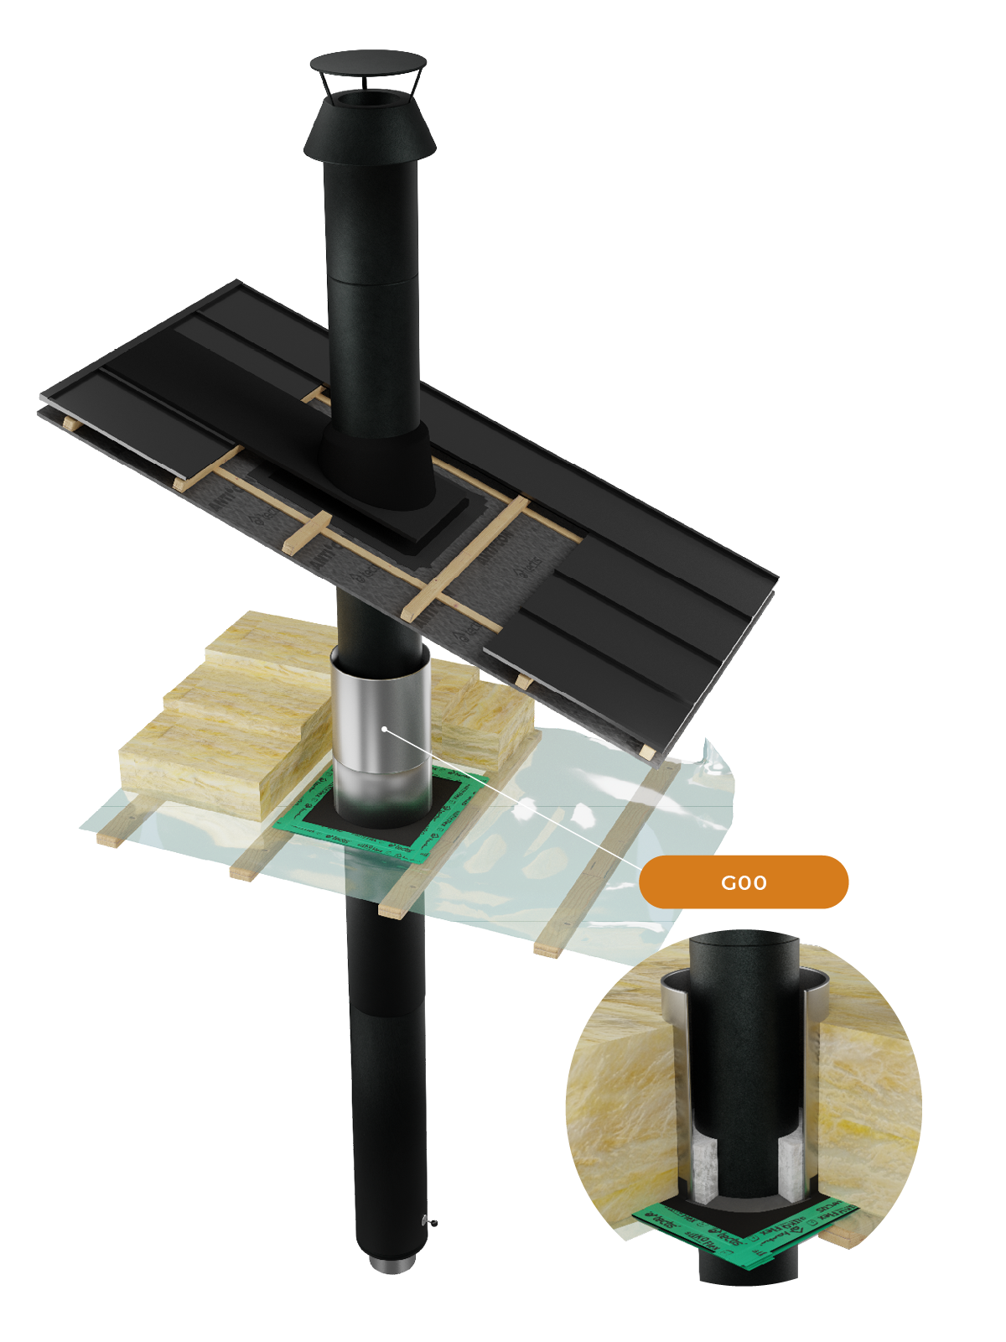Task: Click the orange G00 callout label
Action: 744,882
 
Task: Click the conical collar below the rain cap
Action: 369,134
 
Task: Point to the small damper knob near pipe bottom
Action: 432,1221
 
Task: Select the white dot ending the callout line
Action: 385,729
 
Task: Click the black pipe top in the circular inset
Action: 744,944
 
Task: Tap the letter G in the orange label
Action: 727,882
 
